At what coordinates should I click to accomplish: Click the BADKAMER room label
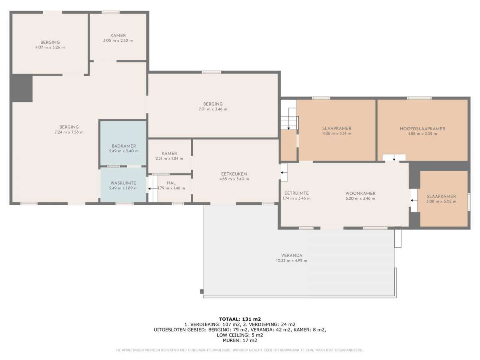124,146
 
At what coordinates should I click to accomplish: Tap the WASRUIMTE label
123,183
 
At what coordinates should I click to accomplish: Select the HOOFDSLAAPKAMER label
422,129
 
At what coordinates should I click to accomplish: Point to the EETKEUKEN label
234,174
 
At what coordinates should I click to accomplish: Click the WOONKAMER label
361,194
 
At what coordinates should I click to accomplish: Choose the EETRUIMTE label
296,193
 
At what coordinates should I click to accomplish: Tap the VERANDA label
292,256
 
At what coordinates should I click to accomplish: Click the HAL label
171,183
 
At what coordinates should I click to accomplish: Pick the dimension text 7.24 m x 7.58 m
69,132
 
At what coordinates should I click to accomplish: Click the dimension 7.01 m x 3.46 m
213,109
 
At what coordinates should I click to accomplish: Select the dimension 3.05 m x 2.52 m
118,40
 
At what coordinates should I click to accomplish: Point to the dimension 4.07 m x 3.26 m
50,48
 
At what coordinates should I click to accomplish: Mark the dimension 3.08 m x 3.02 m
441,202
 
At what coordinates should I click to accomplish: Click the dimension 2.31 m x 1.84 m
169,158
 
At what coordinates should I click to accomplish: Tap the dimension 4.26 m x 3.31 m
337,134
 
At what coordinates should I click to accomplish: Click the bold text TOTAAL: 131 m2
240,319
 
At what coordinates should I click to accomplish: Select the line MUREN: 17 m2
240,340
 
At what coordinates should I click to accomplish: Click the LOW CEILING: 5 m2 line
240,335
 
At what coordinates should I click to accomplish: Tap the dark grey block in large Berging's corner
22,88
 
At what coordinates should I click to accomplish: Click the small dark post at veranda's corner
202,292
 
